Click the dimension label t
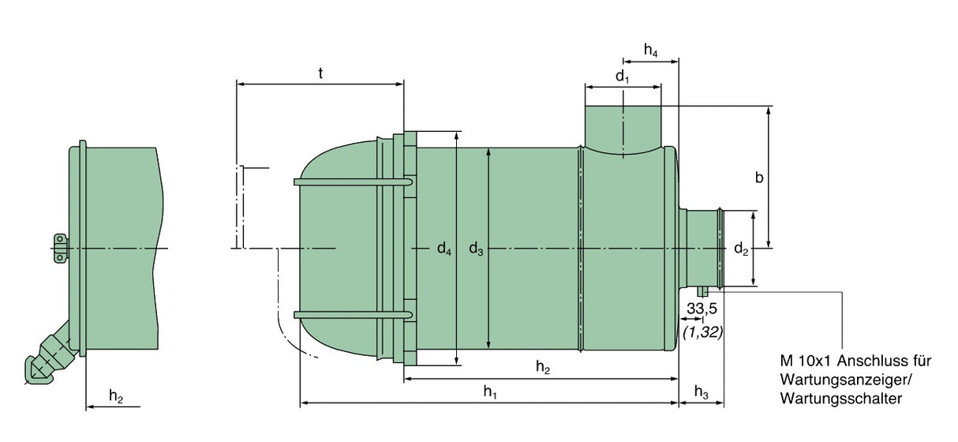320,73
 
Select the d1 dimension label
623,77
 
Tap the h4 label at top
650,51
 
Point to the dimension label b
759,178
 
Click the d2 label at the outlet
741,250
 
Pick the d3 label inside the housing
477,250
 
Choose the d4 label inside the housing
445,250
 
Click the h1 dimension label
491,391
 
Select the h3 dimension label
702,391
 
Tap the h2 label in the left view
116,397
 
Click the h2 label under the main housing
543,367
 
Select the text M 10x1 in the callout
806,361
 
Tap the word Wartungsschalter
840,399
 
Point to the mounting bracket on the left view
60,248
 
